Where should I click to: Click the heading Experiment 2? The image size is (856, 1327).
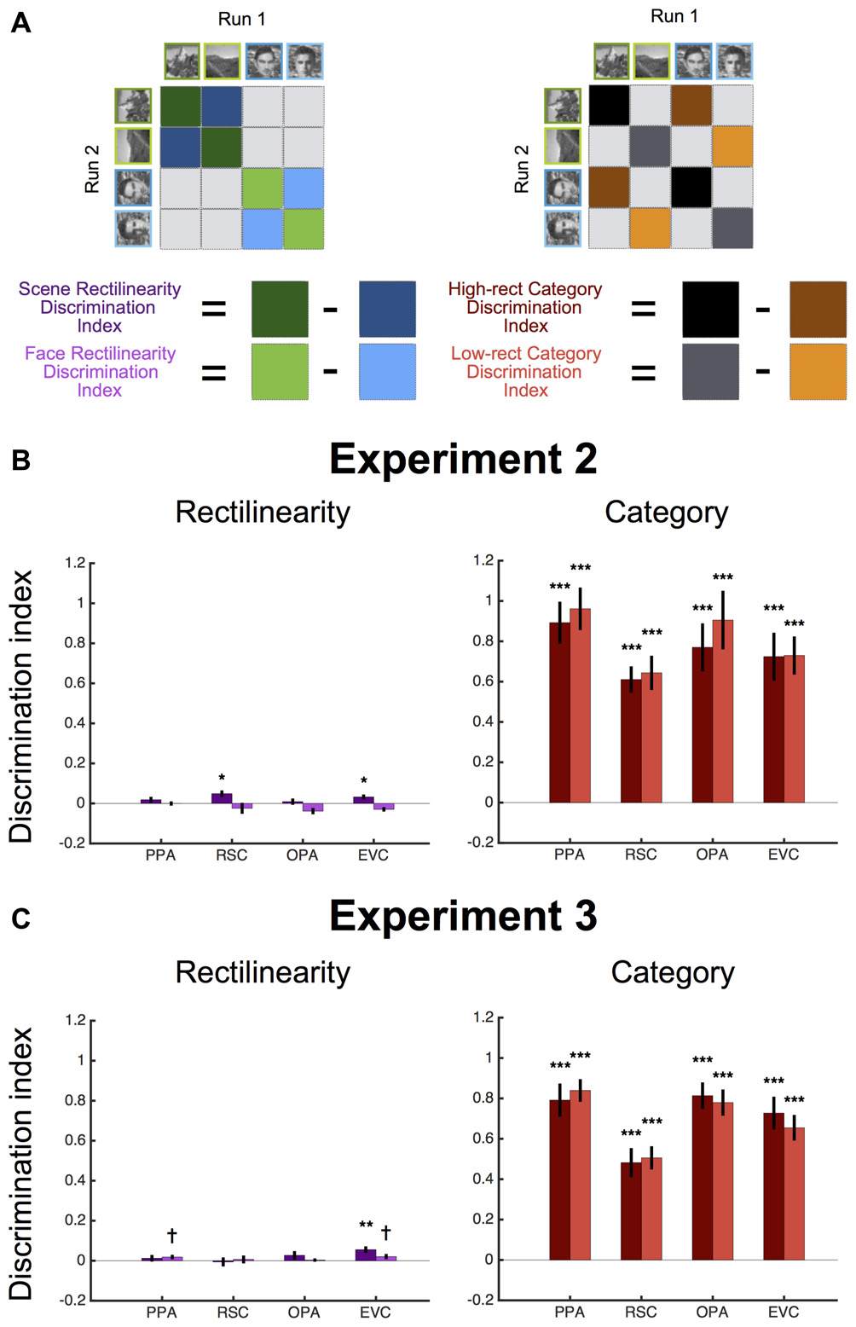(x=463, y=459)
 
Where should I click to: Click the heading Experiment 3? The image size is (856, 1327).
(x=463, y=916)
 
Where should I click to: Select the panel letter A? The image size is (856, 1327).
(x=20, y=23)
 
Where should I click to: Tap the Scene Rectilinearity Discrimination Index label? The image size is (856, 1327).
(x=99, y=307)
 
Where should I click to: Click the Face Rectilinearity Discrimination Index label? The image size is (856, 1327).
(x=100, y=371)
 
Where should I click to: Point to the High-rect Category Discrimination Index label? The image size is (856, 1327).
(x=524, y=307)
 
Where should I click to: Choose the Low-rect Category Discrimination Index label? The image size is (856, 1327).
(x=525, y=371)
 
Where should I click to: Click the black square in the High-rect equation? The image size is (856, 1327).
(x=710, y=310)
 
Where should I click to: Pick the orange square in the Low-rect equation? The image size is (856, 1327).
(x=818, y=371)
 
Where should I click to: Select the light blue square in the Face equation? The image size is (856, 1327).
(x=387, y=371)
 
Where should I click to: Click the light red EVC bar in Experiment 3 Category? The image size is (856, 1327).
(x=794, y=1193)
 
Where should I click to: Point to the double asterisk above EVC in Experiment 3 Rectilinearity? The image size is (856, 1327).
(x=366, y=1226)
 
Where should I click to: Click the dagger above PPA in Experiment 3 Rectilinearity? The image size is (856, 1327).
(x=172, y=1235)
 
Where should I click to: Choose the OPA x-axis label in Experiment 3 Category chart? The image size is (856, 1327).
(x=712, y=1312)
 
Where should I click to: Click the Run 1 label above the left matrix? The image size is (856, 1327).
(x=241, y=20)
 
